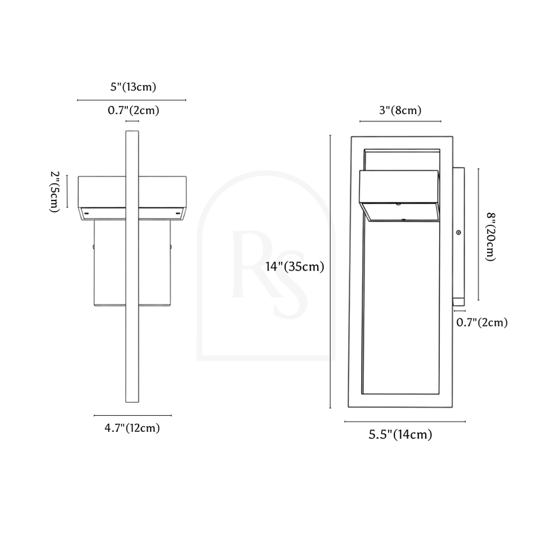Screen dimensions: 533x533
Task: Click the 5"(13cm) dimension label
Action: (133, 87)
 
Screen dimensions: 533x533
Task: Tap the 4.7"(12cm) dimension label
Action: (132, 428)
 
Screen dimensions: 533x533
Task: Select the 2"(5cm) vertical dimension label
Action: (55, 192)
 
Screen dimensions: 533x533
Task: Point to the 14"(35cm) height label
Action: (294, 266)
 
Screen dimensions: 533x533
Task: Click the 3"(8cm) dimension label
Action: (400, 110)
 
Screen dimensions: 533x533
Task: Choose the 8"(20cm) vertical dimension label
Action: (490, 237)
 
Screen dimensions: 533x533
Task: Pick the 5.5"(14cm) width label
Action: (400, 434)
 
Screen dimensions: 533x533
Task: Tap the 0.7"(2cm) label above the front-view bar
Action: (133, 110)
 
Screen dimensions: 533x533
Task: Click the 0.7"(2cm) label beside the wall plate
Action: (482, 322)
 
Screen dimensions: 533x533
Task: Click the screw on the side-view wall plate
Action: (458, 233)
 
